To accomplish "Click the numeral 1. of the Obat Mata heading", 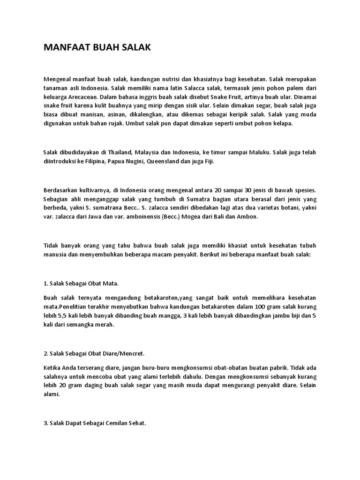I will point(46,284).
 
